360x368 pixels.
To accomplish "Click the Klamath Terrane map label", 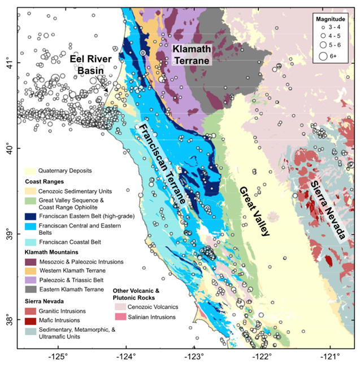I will point(192,55).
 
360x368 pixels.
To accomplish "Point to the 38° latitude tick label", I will point(10,322).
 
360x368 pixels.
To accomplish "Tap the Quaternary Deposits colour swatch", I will point(31,170).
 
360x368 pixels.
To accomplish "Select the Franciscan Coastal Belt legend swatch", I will point(31,242).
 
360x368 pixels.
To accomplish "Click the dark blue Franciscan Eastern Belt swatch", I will point(31,215).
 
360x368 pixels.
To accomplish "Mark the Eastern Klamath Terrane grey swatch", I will point(31,289).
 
